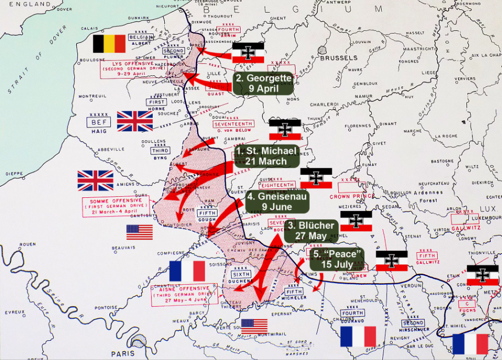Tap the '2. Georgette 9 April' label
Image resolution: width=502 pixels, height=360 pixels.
[x=263, y=83]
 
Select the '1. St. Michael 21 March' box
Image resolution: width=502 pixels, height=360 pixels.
[x=267, y=156]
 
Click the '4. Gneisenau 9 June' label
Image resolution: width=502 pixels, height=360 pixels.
[x=277, y=201]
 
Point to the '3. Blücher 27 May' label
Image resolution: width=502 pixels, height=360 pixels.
[x=311, y=230]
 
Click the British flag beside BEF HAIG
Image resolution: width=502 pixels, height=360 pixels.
[x=135, y=121]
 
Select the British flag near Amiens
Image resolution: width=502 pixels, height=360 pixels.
[x=95, y=180]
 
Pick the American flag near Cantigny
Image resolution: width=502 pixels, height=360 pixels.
[x=140, y=232]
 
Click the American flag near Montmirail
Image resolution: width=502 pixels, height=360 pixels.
[x=254, y=326]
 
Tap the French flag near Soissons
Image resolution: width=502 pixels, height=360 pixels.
[x=187, y=271]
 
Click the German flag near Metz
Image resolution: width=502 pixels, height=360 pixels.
[x=482, y=275]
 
